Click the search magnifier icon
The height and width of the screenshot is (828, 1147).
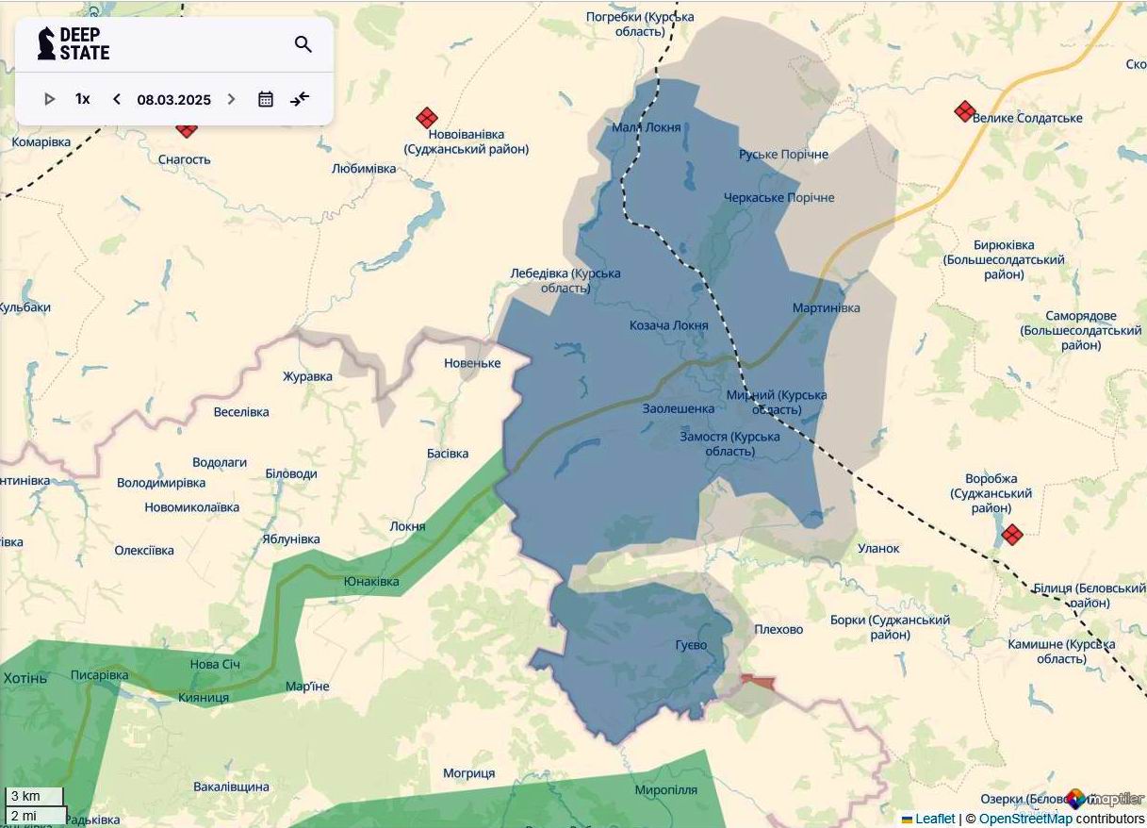pos(303,44)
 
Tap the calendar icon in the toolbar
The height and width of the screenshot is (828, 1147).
pos(266,99)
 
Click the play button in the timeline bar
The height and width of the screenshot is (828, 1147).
pos(50,99)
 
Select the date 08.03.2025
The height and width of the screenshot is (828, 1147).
pos(173,99)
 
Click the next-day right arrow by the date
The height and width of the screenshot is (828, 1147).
pos(231,99)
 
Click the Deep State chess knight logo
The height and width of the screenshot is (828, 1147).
pos(46,43)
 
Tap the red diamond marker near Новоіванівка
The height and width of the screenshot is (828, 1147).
pos(427,118)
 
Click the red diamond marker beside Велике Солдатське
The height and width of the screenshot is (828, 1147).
pos(964,111)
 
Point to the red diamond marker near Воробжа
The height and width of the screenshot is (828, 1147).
pos(1012,535)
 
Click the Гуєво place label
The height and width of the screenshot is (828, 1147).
pos(691,645)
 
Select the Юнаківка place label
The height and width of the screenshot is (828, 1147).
pos(371,581)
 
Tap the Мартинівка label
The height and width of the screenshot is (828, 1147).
pos(826,307)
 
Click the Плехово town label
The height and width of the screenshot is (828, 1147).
pos(778,629)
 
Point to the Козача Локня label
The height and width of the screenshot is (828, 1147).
pos(668,325)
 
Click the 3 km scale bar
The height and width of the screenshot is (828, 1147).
pos(34,796)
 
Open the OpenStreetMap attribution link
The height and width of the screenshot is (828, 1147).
pos(1024,819)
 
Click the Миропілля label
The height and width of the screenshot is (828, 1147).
pos(665,789)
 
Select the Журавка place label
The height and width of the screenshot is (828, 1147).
pos(307,376)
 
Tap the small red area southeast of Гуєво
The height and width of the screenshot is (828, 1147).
pos(757,681)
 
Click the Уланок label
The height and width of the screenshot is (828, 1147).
pos(878,548)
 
